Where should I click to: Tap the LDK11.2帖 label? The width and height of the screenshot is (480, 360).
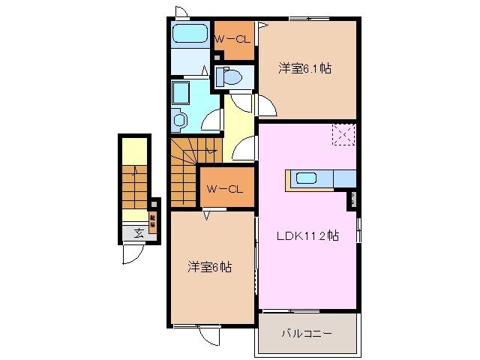coord(307,235)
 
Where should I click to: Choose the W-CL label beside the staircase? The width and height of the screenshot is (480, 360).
coord(224,189)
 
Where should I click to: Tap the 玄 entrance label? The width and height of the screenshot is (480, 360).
coord(139,232)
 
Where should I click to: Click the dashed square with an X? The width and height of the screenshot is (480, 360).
coord(343,136)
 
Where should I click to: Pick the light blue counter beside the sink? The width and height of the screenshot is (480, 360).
coord(343,178)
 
